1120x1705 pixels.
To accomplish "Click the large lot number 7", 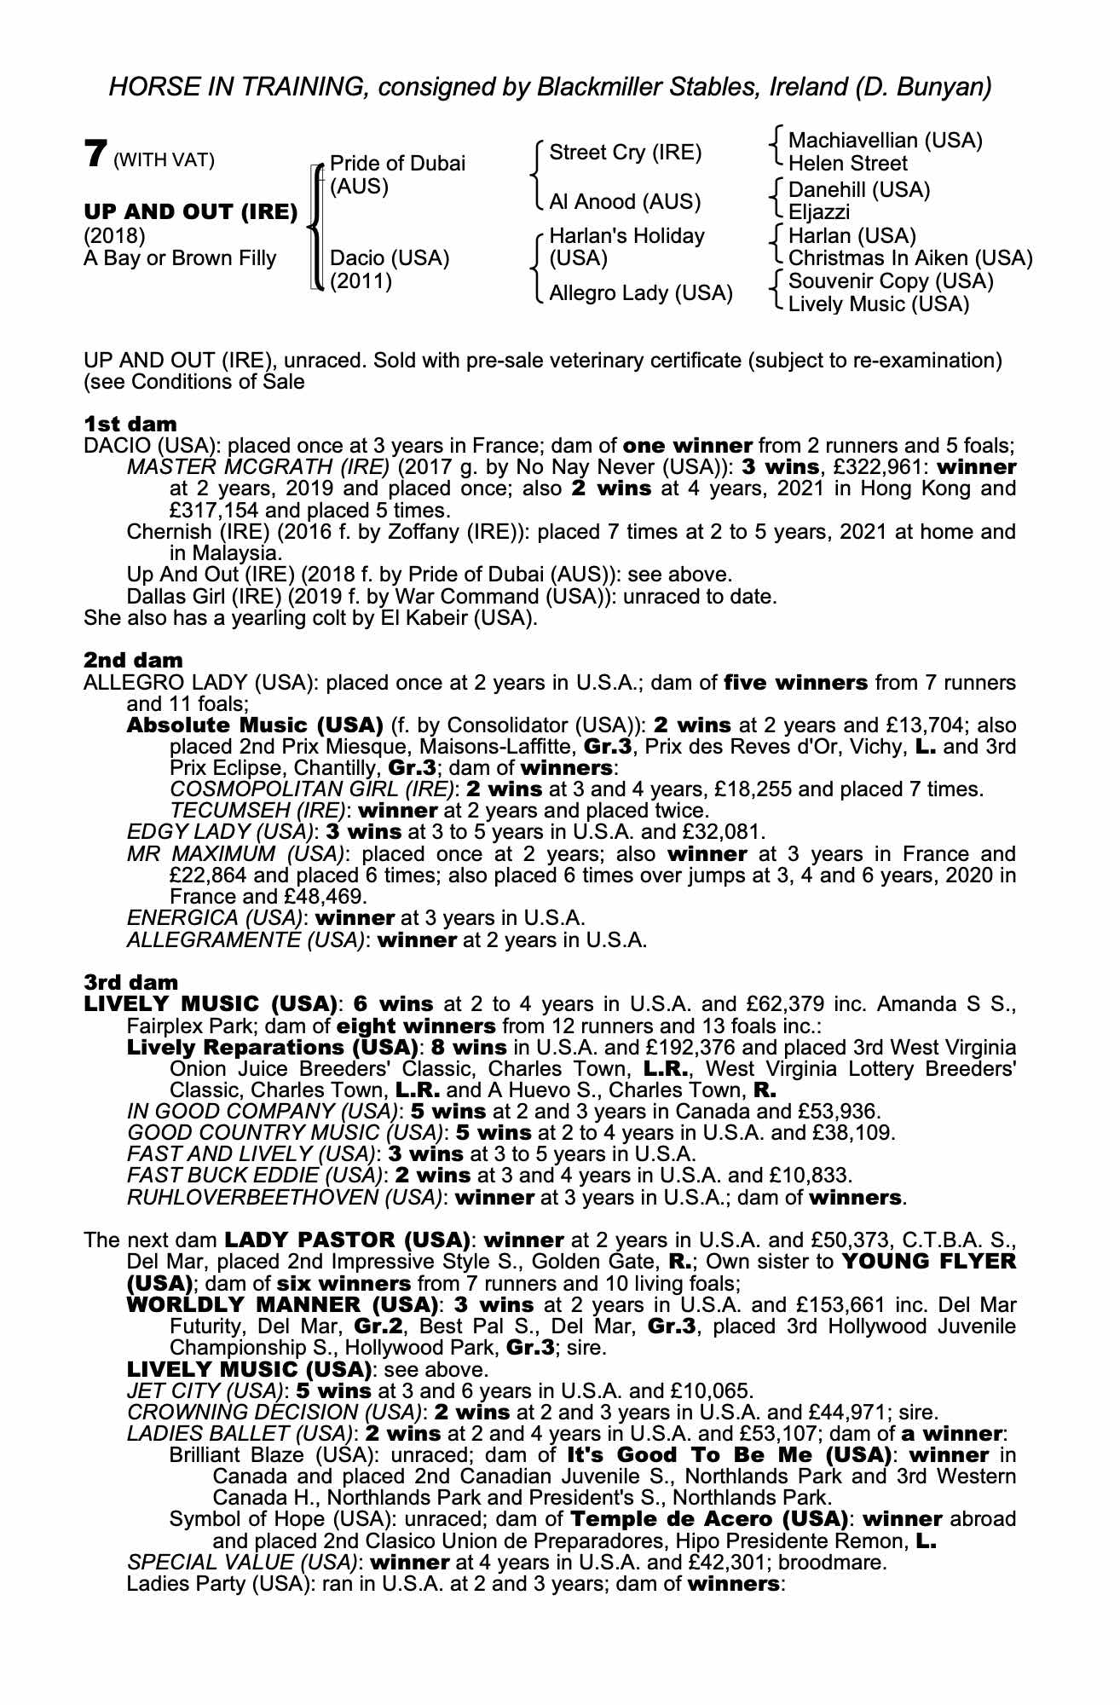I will pyautogui.click(x=95, y=153).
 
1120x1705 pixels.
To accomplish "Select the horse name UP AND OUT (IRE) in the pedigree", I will pyautogui.click(x=190, y=211).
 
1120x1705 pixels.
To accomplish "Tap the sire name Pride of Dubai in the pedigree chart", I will pyautogui.click(x=397, y=164).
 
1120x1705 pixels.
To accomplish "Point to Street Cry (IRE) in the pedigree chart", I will pyautogui.click(x=625, y=153).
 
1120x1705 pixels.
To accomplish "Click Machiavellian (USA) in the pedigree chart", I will pyautogui.click(x=885, y=141).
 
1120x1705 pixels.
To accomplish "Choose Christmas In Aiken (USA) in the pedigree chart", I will pyautogui.click(x=909, y=258).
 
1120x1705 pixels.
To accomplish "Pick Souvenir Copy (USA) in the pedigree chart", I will pyautogui.click(x=891, y=281).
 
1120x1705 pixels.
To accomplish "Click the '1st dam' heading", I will pyautogui.click(x=130, y=425).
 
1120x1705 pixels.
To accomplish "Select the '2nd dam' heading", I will pyautogui.click(x=133, y=661).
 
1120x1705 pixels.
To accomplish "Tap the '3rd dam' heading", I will pyautogui.click(x=131, y=983).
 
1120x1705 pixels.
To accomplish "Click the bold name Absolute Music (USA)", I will pyautogui.click(x=254, y=725).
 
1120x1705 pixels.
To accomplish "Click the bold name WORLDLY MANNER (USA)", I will pyautogui.click(x=282, y=1305).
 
